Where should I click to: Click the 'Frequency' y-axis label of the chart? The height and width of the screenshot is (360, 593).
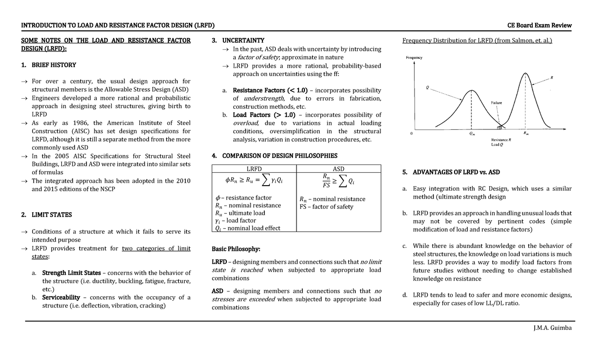click(x=414, y=58)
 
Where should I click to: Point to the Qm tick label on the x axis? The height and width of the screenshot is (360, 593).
click(x=472, y=133)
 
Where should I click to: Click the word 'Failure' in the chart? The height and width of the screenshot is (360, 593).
click(x=496, y=103)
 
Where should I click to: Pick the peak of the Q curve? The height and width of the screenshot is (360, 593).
click(x=471, y=90)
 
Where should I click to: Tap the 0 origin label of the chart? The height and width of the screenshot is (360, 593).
click(x=412, y=133)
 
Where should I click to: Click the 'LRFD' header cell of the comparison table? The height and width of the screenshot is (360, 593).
click(x=254, y=168)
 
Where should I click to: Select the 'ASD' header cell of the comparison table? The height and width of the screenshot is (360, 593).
click(x=339, y=168)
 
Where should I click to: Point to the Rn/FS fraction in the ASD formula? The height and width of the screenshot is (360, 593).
click(x=326, y=181)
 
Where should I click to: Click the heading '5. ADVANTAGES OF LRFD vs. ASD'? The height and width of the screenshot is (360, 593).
click(x=451, y=172)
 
